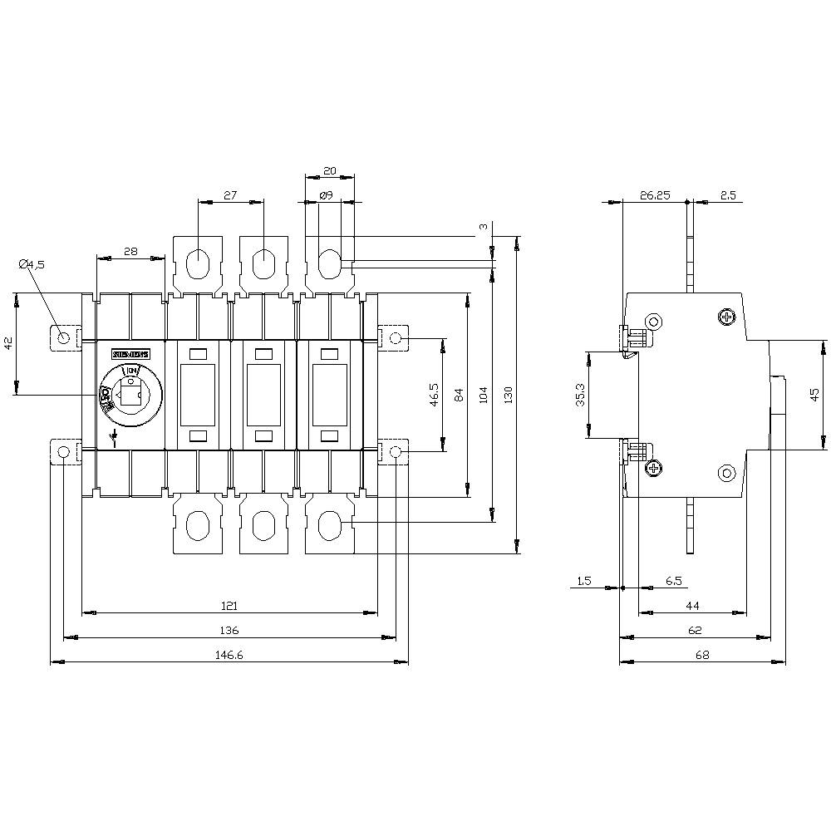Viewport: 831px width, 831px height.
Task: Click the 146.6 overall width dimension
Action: point(230,655)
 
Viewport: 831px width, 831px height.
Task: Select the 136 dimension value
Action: point(230,631)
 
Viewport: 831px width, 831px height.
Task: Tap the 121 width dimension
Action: point(230,606)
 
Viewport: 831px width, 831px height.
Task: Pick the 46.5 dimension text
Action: point(434,393)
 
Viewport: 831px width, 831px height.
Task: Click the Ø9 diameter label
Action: point(327,195)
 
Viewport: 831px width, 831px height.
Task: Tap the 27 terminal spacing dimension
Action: point(230,195)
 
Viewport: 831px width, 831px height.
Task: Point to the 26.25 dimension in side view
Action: point(654,195)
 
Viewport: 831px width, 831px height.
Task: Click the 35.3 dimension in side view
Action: point(580,396)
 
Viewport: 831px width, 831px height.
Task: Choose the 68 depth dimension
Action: point(702,655)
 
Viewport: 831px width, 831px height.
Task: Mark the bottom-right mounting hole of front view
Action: point(396,451)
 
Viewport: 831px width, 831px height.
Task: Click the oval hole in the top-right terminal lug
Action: point(330,265)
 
